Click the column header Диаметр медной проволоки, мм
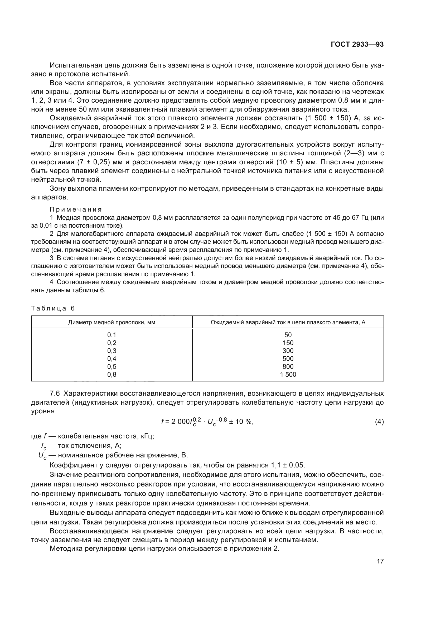tap(112, 322)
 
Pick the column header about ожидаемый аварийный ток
tap(288, 322)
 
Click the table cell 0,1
tap(112, 335)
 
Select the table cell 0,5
tap(112, 367)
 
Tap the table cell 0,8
tap(112, 374)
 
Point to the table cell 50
tap(288, 335)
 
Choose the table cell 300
tap(288, 351)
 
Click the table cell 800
tap(288, 367)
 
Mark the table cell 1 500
tap(288, 374)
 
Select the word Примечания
tap(76, 209)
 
